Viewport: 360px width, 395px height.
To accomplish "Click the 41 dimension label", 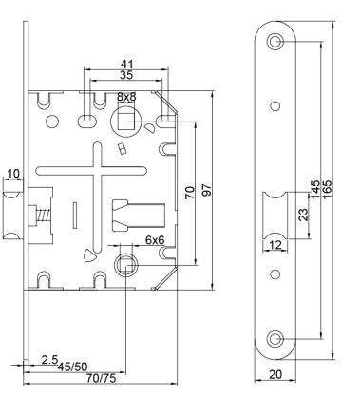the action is tap(126, 64).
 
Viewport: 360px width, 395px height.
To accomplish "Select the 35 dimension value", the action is tap(126, 75).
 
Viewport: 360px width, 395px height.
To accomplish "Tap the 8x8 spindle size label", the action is tap(126, 97).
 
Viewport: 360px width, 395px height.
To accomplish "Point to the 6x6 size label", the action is tap(155, 240).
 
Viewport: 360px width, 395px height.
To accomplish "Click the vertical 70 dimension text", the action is tap(190, 193).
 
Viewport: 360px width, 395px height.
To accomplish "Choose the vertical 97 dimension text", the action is tap(206, 190).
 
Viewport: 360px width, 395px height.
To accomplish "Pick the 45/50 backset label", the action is tap(72, 367).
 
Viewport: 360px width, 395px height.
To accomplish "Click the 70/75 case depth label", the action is tap(102, 378).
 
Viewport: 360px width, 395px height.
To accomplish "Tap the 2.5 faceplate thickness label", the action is tap(50, 360).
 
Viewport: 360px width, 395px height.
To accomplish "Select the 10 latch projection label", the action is tap(13, 174).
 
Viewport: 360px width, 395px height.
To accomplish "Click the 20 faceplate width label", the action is tap(275, 374).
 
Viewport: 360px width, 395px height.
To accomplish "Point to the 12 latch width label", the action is tap(275, 245).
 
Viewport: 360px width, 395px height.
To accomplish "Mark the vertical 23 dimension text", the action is tap(303, 215).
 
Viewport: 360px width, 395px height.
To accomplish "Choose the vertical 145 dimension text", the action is tap(315, 189).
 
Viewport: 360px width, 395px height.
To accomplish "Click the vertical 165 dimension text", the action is tap(327, 189).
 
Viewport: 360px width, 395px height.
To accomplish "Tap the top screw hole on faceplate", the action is tap(275, 41).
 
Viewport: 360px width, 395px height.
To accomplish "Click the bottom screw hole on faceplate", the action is tap(275, 339).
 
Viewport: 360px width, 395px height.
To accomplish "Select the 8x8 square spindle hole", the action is tap(126, 122).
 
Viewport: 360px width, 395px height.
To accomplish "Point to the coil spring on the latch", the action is tap(42, 216).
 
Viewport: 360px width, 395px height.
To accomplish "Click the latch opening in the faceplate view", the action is tap(275, 216).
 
